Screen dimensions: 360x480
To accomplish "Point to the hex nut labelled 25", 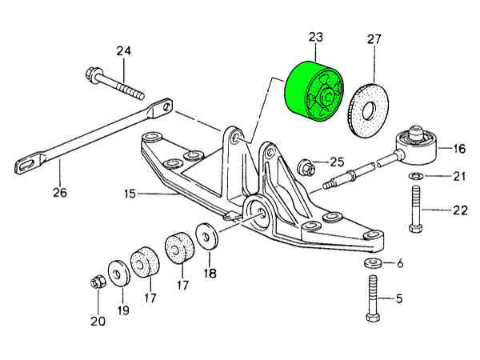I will tap(304, 167).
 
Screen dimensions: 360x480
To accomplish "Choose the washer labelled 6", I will tap(374, 263).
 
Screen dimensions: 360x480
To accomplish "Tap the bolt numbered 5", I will tap(374, 300).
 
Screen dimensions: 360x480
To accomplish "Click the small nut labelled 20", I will tap(96, 282).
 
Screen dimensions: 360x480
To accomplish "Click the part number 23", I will tap(315, 37).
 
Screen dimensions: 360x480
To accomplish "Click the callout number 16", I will tap(458, 148).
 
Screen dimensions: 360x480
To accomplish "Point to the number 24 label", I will tap(122, 51).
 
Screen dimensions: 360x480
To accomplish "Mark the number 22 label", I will tap(458, 210).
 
